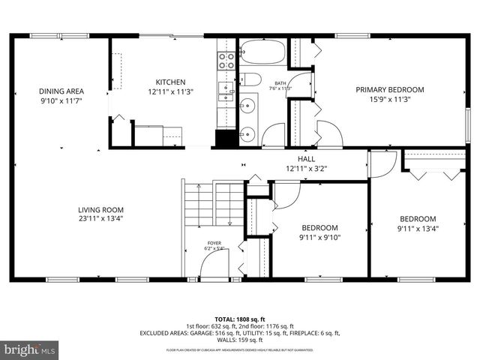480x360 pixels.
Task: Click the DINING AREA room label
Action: coord(61,91)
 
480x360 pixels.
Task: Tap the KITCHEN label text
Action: coord(170,82)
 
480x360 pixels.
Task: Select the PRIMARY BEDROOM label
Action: coord(389,89)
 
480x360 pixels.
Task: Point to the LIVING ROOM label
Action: coord(100,210)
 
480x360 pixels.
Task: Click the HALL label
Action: coord(306,159)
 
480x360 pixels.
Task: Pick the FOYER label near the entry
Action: coord(214,243)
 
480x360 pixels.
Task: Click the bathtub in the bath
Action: coord(262,52)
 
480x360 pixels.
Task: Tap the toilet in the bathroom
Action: coord(251,79)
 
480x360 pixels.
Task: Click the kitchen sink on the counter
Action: coord(226,92)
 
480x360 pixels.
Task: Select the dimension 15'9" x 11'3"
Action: coord(389,99)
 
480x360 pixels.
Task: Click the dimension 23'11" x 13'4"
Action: coord(100,220)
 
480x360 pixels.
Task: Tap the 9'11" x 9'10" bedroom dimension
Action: coord(319,238)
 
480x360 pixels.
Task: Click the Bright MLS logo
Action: coord(30,349)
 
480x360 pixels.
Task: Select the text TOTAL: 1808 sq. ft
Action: coord(239,319)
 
